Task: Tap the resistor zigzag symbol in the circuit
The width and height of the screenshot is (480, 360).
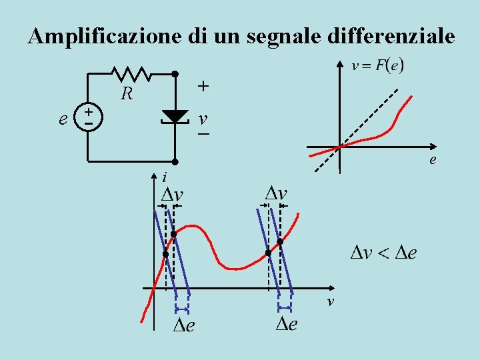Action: tap(131, 74)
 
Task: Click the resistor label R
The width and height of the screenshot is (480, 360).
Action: tap(126, 94)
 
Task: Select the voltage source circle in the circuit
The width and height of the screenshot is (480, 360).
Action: tap(88, 116)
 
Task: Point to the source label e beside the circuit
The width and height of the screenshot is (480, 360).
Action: tap(63, 119)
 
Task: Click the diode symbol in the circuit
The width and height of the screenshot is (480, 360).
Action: tap(175, 117)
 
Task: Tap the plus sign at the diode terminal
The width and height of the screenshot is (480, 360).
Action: tap(203, 87)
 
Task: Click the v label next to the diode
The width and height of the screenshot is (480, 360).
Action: tap(203, 119)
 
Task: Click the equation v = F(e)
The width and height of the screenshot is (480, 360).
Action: tap(377, 65)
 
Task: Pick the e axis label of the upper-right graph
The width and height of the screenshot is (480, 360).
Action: tap(433, 160)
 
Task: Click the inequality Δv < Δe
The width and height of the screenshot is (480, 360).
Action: tap(384, 253)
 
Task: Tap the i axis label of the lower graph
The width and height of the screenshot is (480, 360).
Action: tap(163, 177)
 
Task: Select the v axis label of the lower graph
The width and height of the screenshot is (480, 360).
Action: tap(329, 303)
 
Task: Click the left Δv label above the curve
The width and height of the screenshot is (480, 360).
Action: tap(173, 195)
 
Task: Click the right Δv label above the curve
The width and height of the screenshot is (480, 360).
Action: tap(276, 193)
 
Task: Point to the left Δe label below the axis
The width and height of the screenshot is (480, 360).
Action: tap(184, 326)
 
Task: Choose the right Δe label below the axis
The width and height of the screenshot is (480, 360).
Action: tap(287, 324)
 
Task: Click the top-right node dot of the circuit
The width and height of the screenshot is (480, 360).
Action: tap(175, 74)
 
